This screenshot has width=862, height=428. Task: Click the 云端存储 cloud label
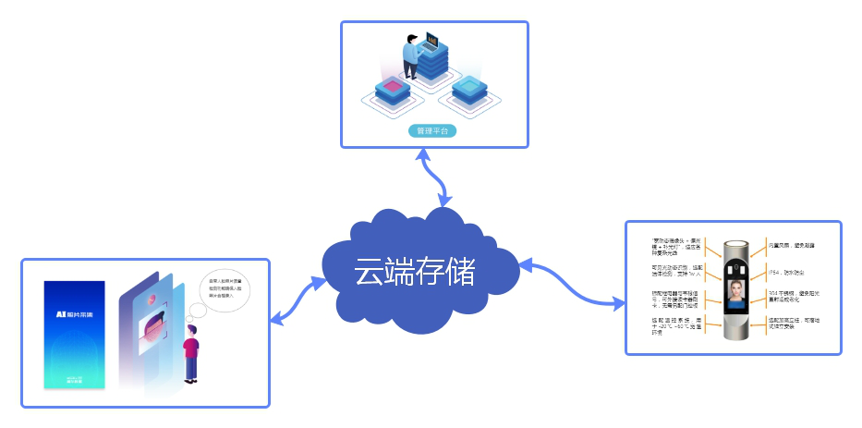click(414, 271)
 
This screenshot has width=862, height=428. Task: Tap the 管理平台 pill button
click(432, 131)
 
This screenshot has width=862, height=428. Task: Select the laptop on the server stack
click(431, 43)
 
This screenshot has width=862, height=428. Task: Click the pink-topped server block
click(392, 89)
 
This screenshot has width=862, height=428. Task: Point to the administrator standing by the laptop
click(411, 55)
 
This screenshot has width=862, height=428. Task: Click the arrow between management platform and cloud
click(434, 176)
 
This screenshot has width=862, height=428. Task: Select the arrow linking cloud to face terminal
click(573, 282)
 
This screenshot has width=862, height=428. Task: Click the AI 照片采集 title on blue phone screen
click(74, 313)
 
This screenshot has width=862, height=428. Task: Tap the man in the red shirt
click(191, 352)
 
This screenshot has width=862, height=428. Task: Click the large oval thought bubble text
click(218, 287)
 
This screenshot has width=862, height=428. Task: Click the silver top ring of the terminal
click(736, 243)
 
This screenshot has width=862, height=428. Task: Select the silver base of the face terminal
click(736, 334)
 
